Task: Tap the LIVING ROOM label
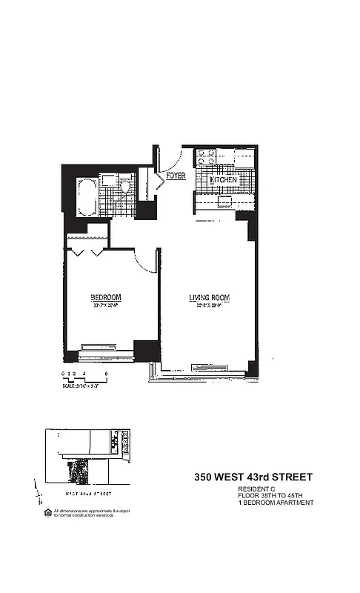coord(209,298)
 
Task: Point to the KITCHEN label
coord(223,180)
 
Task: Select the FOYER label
coord(175,176)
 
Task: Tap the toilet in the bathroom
coord(127,187)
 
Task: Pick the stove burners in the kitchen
coord(205,158)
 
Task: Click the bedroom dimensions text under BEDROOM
coord(106,305)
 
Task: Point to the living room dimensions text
coord(209,305)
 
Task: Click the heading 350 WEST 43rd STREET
coord(253,477)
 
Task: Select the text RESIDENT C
coord(257,489)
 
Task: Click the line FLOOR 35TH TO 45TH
coord(270,496)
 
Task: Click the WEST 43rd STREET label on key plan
coord(88,492)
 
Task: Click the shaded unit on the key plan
coord(76,468)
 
